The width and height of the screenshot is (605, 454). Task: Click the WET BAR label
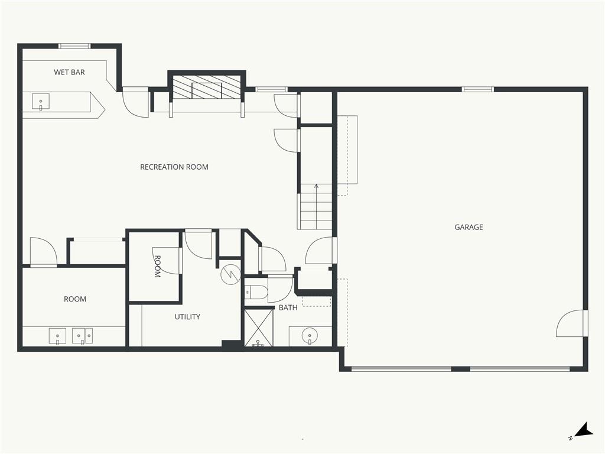coord(69,72)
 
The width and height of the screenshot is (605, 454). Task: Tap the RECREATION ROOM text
coord(174,167)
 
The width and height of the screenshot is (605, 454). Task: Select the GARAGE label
coord(469,227)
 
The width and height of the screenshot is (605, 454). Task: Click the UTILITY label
coord(187,317)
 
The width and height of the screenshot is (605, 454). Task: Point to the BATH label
coord(288,307)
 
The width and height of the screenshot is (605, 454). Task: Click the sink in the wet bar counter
coord(41,102)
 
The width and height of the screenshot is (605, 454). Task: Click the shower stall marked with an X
coord(259,327)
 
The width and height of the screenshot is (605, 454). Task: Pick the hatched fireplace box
coord(207,87)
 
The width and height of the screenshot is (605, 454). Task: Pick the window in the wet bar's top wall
coord(74,46)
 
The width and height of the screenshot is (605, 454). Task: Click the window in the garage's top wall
coord(477,89)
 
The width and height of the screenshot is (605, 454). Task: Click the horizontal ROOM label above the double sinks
coord(75,299)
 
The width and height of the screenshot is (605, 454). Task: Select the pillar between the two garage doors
coord(460,369)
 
